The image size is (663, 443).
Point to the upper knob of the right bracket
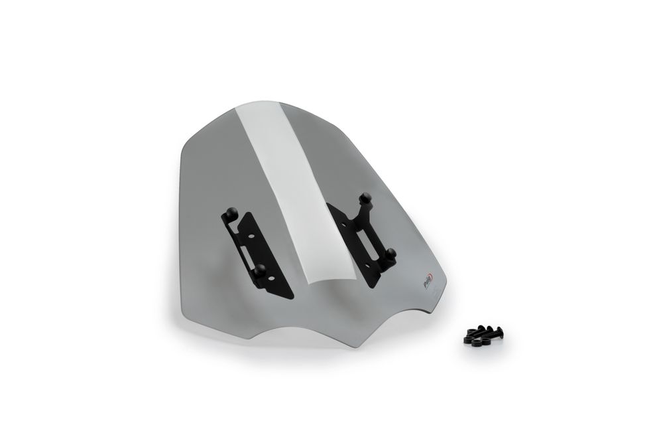click(363, 197)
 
